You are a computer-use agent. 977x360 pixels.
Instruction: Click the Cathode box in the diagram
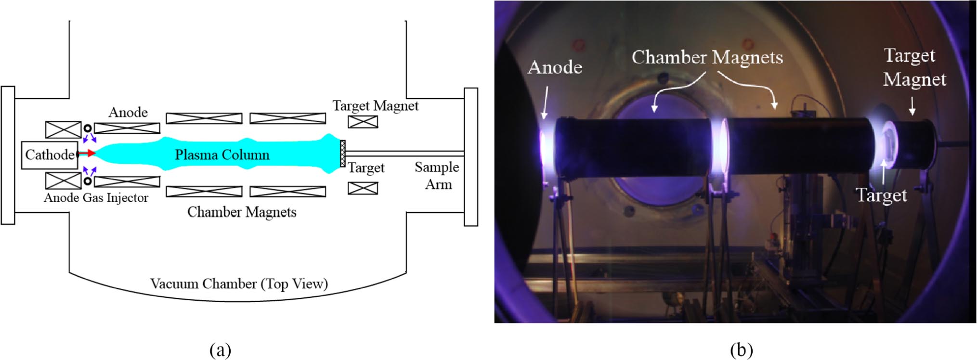(x=49, y=154)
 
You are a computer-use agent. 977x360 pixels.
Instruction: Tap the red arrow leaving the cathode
(x=87, y=154)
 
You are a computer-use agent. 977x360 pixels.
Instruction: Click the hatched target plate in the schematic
(x=342, y=154)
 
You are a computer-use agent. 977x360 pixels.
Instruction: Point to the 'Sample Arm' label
(x=437, y=176)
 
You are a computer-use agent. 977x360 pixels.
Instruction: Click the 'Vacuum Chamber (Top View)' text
(x=239, y=283)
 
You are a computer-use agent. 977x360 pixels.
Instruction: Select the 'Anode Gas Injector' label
(x=96, y=198)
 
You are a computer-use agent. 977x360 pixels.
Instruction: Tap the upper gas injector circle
(x=88, y=129)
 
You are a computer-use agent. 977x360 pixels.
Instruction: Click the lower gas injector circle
(x=88, y=181)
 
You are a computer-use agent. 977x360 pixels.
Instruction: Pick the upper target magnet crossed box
(x=363, y=122)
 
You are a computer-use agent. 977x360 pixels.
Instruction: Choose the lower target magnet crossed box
(x=363, y=188)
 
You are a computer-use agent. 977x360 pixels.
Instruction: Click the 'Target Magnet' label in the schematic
(x=375, y=106)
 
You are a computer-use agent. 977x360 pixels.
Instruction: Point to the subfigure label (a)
(x=221, y=349)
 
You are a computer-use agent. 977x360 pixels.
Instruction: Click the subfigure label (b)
(x=741, y=349)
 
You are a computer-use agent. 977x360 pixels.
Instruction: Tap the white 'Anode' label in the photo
(x=555, y=67)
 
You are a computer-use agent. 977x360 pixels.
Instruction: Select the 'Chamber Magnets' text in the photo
(x=707, y=57)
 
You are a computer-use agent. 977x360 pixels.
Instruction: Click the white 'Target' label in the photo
(x=881, y=195)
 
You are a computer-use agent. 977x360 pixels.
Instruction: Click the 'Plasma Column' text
(x=222, y=155)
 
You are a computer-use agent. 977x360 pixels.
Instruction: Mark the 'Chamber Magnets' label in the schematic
(x=242, y=212)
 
